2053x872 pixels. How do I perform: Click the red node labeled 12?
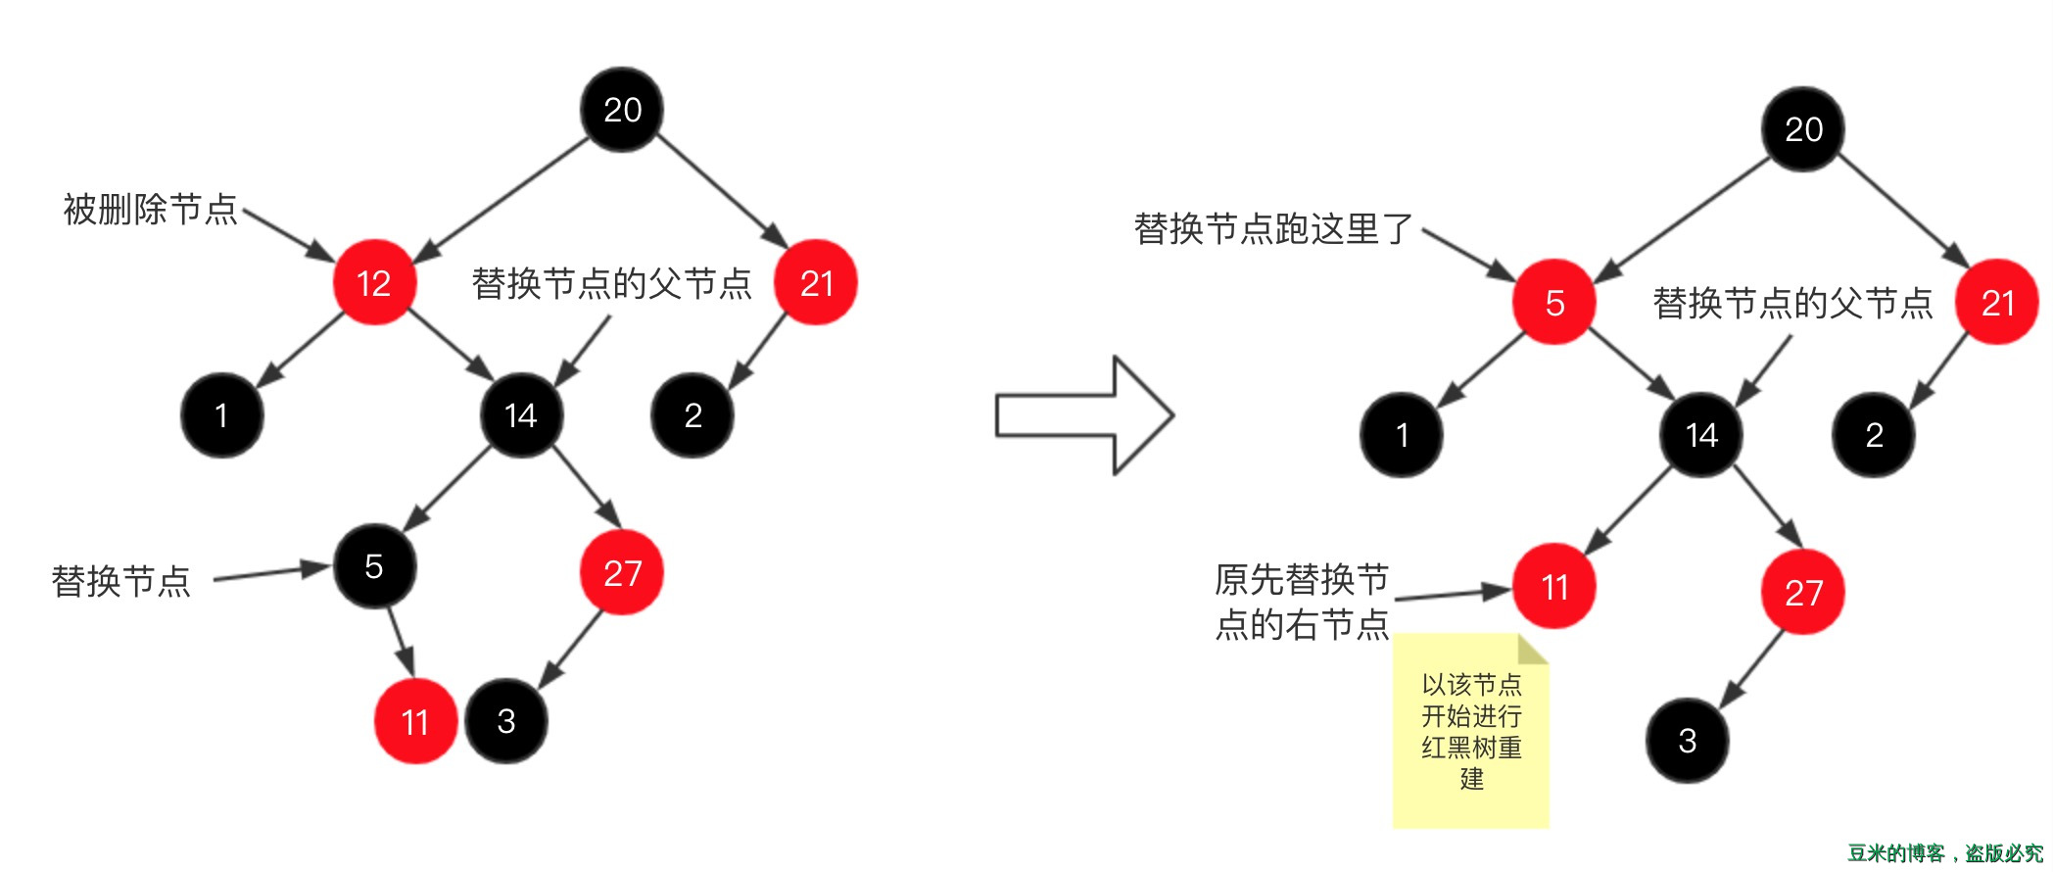[374, 283]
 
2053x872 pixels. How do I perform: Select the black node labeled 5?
[374, 566]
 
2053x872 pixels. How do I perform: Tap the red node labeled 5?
[1554, 303]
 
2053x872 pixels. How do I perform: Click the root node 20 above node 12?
[622, 110]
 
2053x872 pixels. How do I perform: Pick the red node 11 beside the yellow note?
[1554, 587]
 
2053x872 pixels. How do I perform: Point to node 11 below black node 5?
[415, 722]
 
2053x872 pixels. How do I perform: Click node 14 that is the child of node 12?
[521, 415]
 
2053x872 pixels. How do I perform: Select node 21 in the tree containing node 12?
[816, 283]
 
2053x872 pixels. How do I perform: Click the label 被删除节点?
[150, 209]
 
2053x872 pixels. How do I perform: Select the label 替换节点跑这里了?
[1273, 228]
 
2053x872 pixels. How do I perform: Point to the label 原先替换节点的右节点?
[1302, 602]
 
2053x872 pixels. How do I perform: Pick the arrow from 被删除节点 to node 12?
[289, 235]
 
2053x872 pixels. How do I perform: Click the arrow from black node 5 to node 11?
[400, 641]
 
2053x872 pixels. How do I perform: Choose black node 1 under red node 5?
[1402, 435]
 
